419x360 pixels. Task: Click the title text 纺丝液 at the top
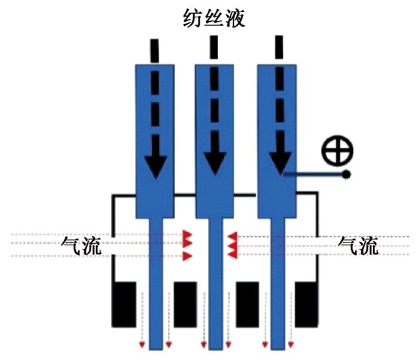[214, 18]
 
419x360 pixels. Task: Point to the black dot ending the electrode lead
[346, 175]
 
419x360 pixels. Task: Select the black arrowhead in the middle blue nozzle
[214, 166]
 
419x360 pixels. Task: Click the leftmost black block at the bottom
[125, 303]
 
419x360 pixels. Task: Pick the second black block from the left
[185, 303]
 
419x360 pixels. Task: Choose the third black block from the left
[247, 303]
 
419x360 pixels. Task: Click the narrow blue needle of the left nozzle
[155, 281]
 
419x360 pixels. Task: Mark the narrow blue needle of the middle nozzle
[215, 281]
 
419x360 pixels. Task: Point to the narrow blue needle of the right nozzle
[277, 281]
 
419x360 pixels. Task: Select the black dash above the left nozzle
[154, 50]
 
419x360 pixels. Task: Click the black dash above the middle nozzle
[214, 48]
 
